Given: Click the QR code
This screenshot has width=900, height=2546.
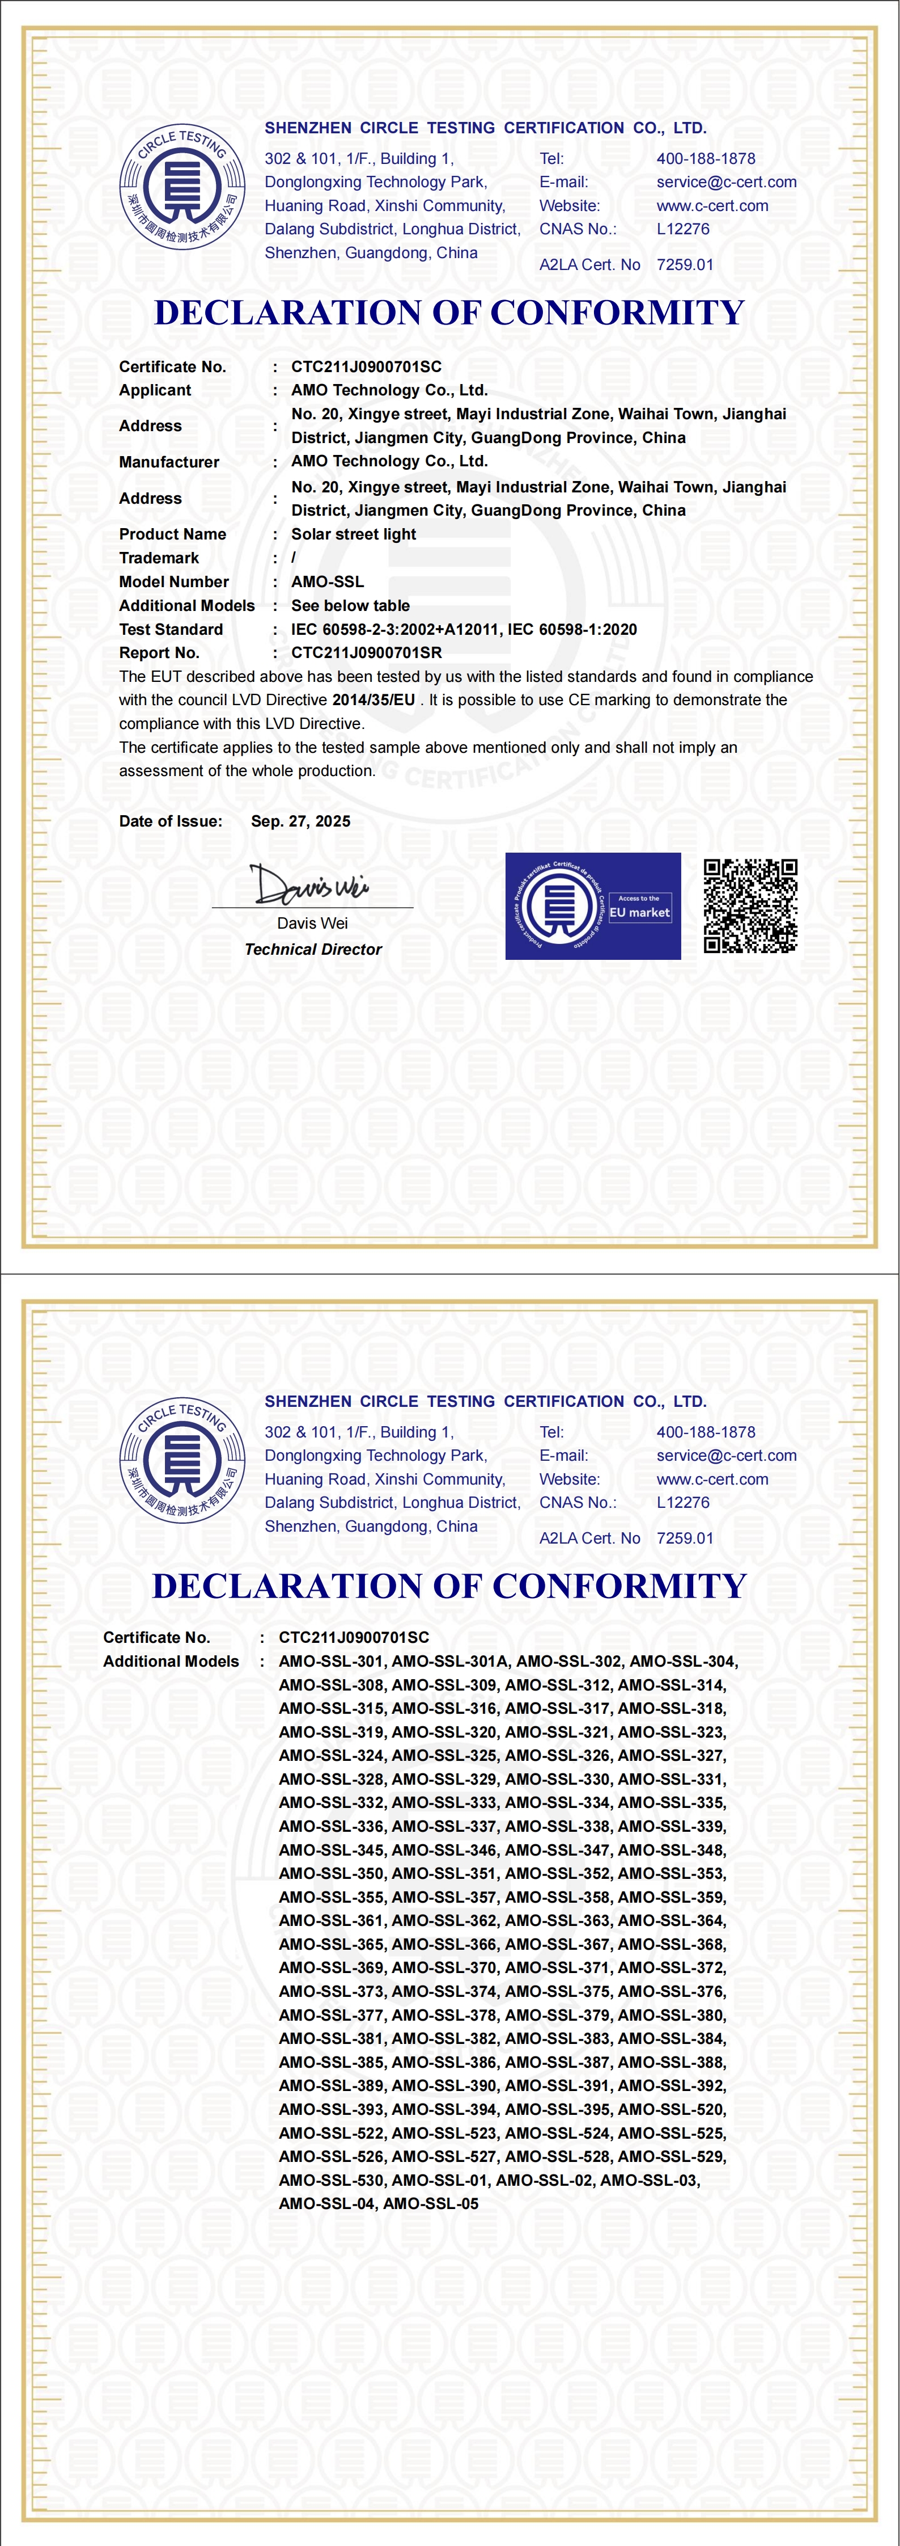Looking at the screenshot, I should (750, 905).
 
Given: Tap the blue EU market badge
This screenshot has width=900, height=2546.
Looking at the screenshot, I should (593, 905).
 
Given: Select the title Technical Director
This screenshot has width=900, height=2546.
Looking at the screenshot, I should (313, 949).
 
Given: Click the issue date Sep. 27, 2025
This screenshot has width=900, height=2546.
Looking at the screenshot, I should (300, 821).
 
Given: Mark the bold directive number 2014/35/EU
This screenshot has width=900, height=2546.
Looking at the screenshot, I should (373, 700).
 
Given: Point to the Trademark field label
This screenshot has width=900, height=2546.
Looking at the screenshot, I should (159, 558).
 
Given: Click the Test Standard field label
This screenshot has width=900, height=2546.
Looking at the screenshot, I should (171, 629).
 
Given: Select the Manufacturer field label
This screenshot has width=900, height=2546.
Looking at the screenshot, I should (169, 462).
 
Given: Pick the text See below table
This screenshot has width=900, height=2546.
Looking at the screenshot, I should (351, 605).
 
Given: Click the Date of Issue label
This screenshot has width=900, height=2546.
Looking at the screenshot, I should (170, 821).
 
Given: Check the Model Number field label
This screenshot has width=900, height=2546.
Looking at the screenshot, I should (174, 581).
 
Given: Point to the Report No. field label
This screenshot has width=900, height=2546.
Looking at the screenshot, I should (159, 652).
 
